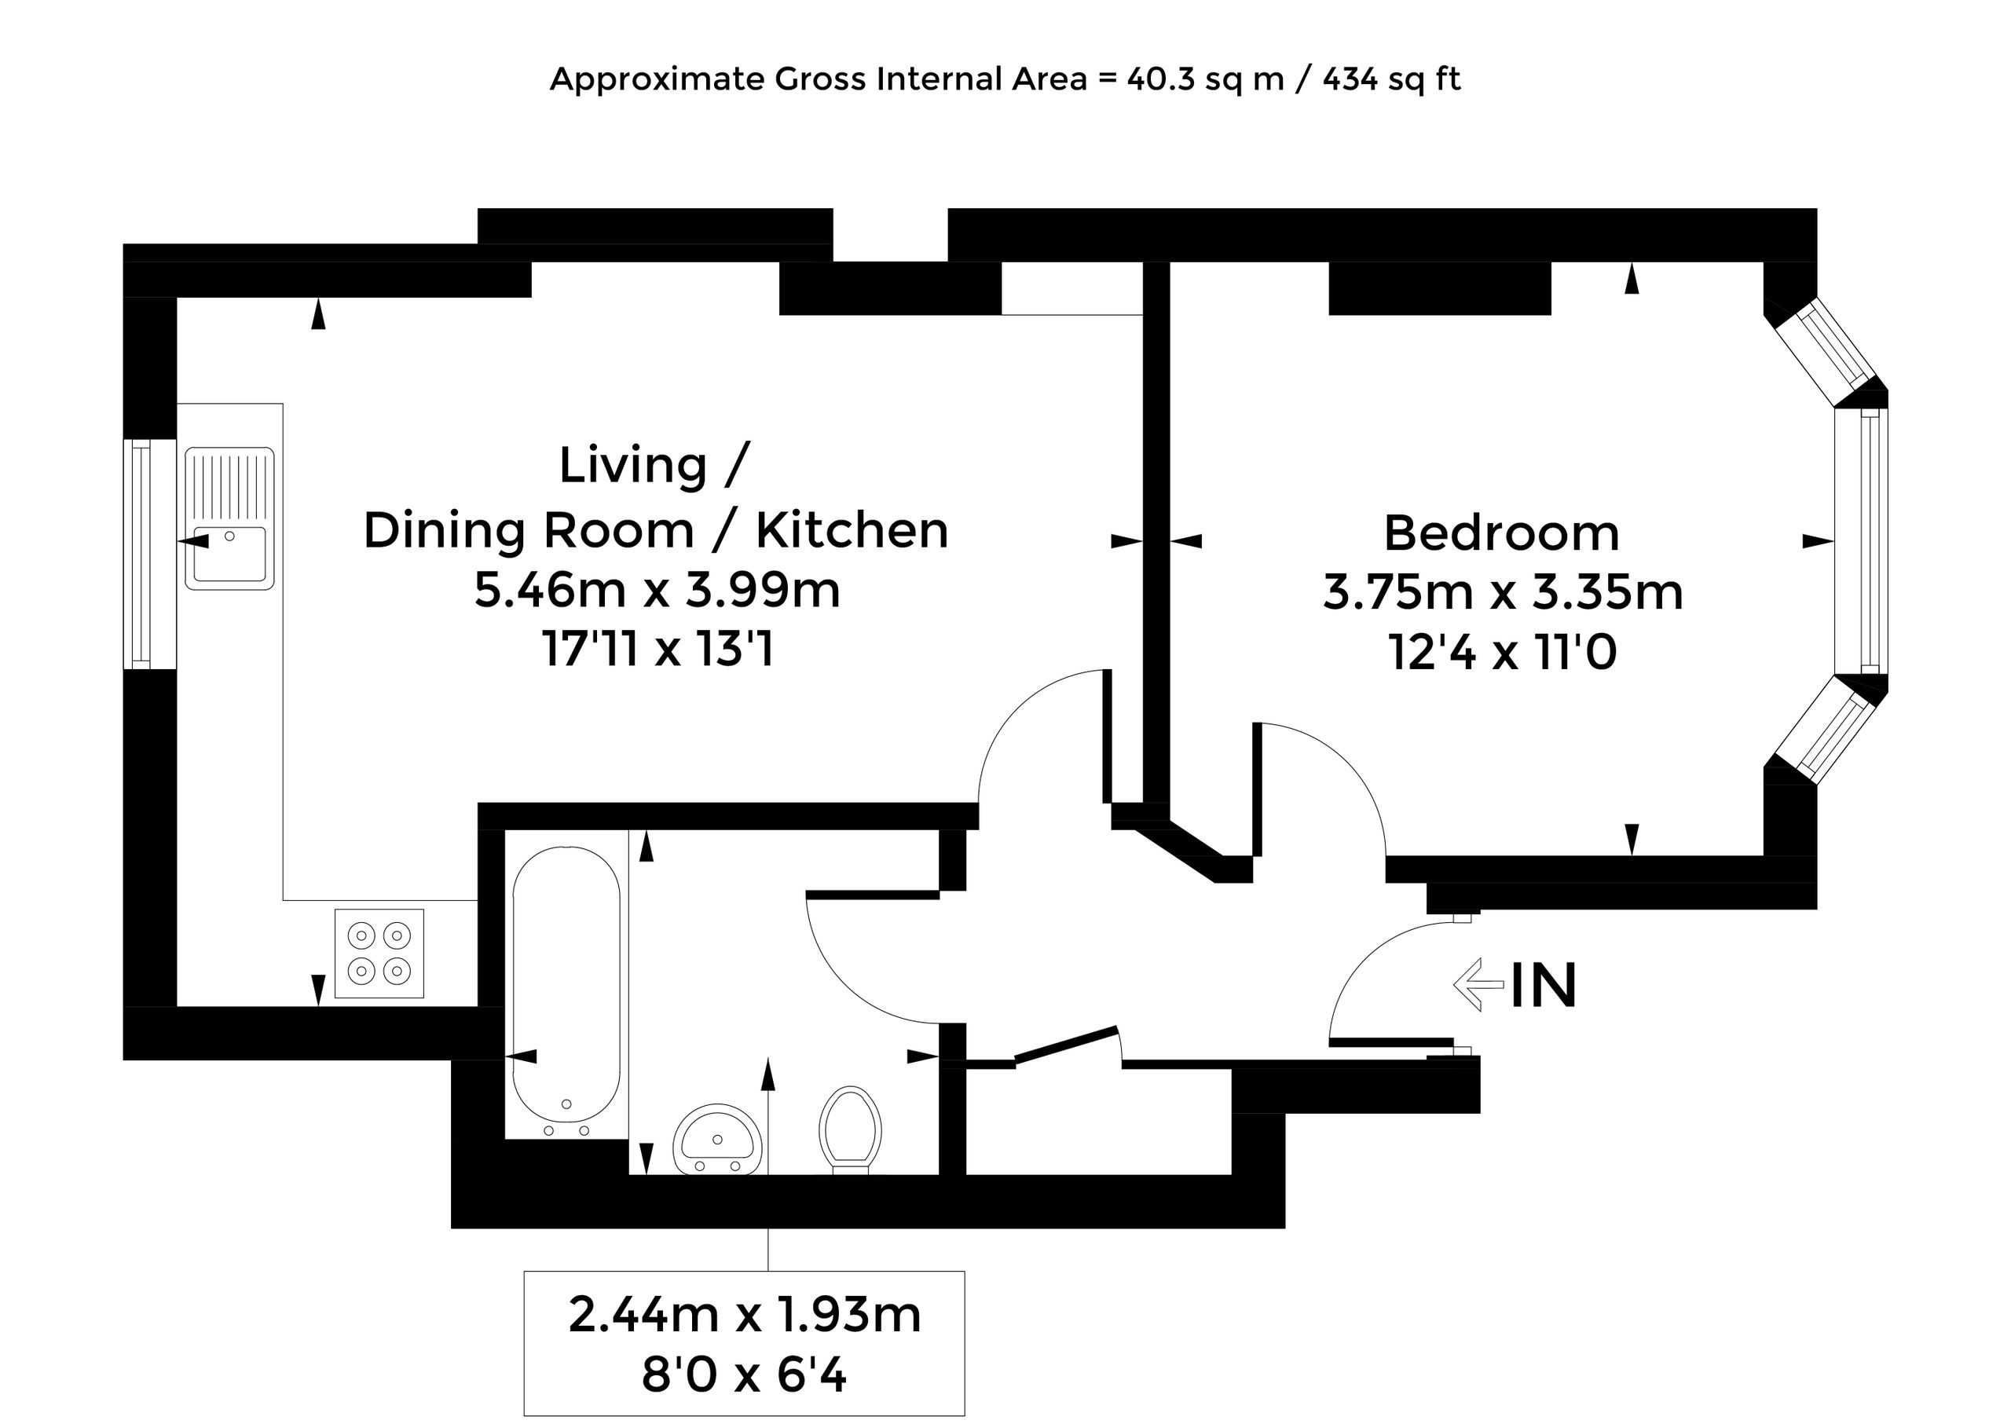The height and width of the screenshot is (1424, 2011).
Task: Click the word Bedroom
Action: [x=1501, y=533]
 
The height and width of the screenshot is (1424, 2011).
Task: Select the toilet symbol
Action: [x=850, y=1130]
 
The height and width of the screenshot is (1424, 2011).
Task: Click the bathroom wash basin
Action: [x=717, y=1139]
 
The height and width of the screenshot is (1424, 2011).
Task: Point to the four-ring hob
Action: [x=379, y=954]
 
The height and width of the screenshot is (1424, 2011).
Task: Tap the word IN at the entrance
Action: [x=1544, y=986]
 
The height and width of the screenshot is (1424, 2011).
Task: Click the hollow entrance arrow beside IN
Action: [x=1478, y=985]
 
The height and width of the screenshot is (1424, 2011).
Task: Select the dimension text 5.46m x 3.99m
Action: [x=657, y=589]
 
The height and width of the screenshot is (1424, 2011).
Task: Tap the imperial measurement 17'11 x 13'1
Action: [x=658, y=650]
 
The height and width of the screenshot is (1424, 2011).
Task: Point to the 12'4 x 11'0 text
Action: [x=1502, y=653]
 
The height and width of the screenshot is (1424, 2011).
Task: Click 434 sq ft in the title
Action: [x=1391, y=79]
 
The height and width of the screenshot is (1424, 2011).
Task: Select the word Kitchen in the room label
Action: [x=852, y=529]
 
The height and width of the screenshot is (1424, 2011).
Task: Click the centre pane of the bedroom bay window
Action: [x=1862, y=541]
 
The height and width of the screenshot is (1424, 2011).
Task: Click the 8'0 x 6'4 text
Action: [x=745, y=1374]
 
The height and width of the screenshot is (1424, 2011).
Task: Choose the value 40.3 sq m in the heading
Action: [x=1206, y=79]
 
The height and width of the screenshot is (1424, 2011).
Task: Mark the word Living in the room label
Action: [x=633, y=465]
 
